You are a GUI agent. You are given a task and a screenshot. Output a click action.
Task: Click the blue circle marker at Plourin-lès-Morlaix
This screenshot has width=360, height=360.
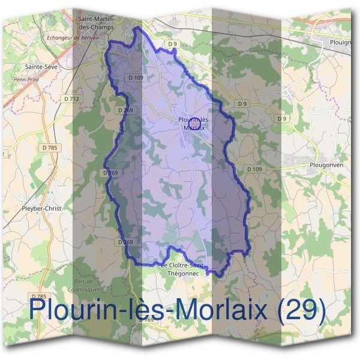click(x=194, y=124)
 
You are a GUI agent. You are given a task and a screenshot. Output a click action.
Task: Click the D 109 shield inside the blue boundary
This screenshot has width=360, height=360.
click(x=136, y=77)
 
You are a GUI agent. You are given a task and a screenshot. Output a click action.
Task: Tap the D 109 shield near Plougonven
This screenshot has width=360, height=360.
click(x=254, y=169)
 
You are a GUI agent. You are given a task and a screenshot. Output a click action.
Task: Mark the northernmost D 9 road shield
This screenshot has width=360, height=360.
click(x=173, y=44)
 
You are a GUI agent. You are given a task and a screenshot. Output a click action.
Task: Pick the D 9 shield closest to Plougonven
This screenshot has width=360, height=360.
click(x=282, y=119)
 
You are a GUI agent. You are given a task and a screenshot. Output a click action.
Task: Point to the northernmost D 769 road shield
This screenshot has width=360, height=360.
click(x=125, y=110)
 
